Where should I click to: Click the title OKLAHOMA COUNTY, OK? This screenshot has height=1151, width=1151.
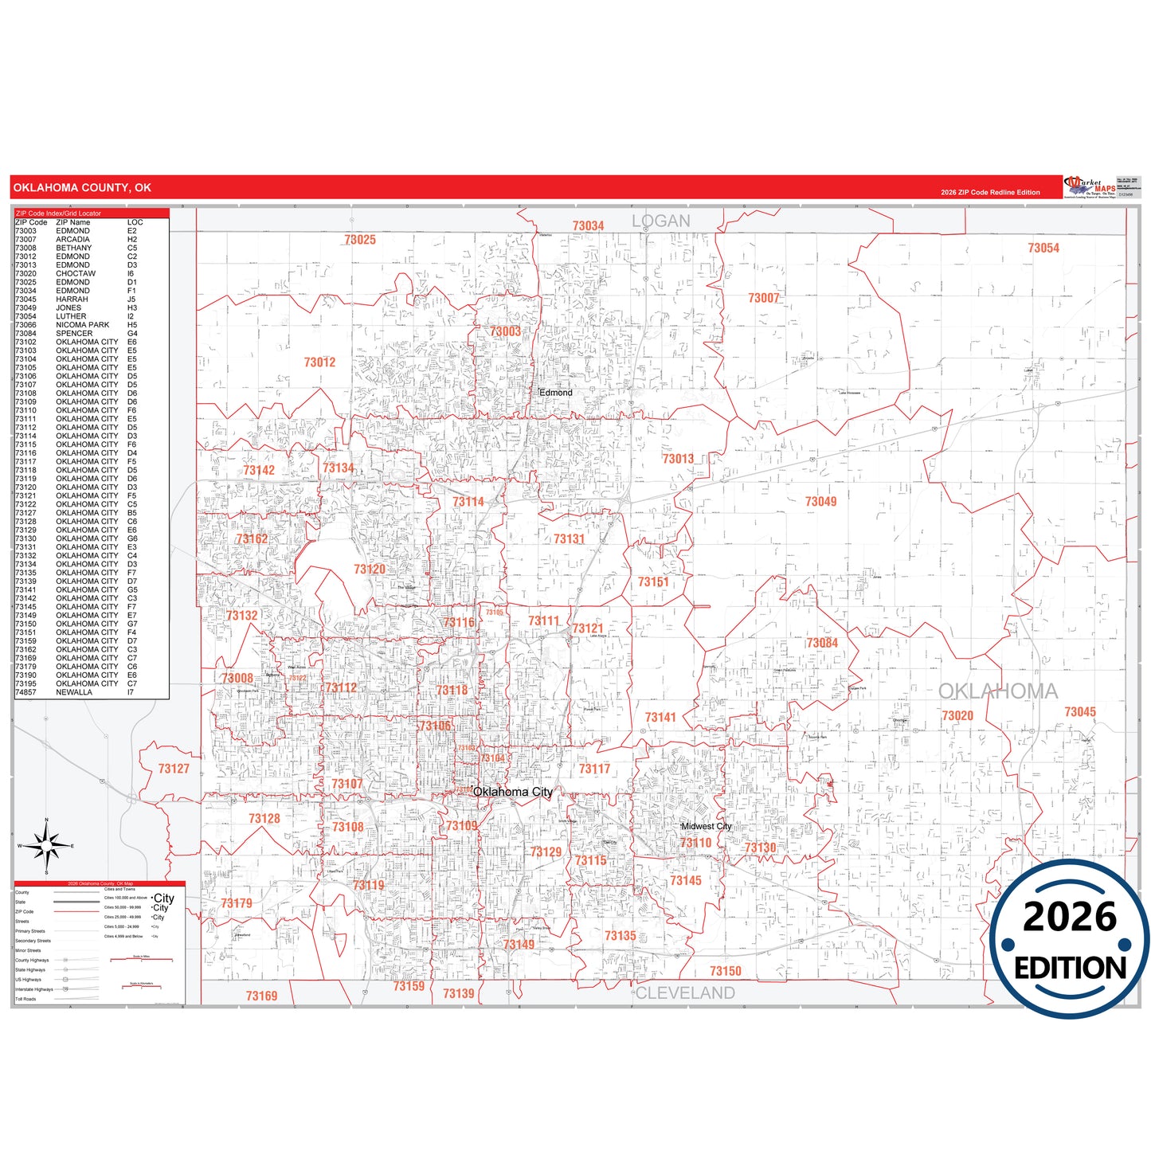click(82, 188)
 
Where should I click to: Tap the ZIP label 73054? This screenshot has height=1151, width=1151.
click(1043, 249)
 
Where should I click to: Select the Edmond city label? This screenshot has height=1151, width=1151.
click(555, 393)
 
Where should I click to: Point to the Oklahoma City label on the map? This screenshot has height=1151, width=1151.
click(512, 792)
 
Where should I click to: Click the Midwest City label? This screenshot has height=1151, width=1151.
click(706, 826)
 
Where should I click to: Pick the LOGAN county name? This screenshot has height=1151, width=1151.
click(661, 221)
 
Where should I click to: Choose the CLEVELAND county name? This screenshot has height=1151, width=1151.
click(685, 992)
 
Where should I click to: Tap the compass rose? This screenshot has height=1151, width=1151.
click(46, 846)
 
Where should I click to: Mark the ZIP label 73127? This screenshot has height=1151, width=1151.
click(174, 769)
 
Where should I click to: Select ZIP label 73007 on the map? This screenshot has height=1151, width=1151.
click(763, 298)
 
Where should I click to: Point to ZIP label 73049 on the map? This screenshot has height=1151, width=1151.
click(820, 501)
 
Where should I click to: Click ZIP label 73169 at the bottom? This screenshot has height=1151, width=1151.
click(261, 996)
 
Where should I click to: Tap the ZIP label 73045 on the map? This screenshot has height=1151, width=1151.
click(1080, 712)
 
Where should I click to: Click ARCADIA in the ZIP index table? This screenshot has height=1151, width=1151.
click(72, 239)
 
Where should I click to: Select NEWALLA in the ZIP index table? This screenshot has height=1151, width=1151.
click(74, 692)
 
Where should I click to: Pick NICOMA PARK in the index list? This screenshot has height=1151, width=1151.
click(83, 325)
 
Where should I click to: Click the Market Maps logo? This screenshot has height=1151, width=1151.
click(1090, 188)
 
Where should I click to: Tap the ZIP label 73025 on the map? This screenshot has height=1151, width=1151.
click(360, 240)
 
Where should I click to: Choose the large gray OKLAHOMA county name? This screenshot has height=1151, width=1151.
click(998, 691)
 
